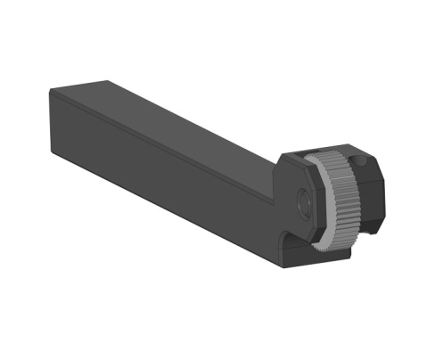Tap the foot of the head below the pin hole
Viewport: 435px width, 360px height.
click(294, 254)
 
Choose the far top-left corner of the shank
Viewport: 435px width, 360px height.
click(51, 90)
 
